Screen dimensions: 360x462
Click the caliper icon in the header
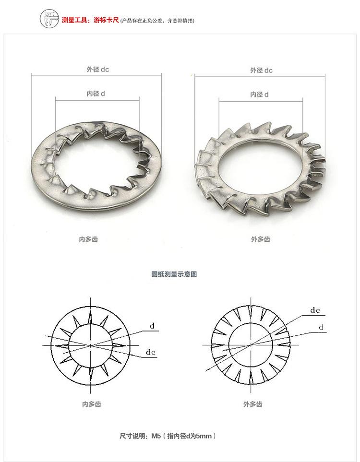[49, 19]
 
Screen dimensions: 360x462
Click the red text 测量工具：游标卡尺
[90, 20]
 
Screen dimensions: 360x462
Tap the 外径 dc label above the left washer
[97, 70]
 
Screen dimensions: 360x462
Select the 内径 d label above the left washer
[96, 94]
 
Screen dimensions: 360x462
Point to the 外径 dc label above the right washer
[261, 71]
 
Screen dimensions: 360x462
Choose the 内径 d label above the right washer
[260, 95]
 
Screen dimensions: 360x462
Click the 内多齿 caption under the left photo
[88, 239]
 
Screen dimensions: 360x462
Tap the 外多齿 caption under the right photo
[261, 239]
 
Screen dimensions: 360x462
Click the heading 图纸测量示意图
[174, 274]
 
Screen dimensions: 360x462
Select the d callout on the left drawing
[152, 326]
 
